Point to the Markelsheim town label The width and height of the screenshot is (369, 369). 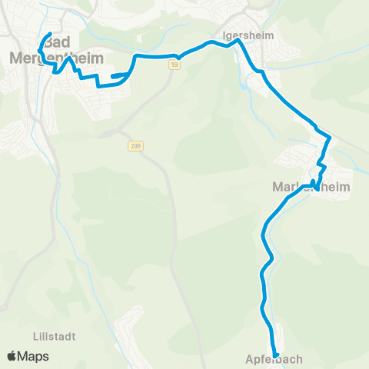tap(311, 187)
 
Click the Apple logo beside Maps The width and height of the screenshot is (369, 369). tap(12, 356)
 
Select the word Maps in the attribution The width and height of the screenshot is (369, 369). tap(33, 356)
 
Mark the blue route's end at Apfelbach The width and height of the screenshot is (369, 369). tap(275, 354)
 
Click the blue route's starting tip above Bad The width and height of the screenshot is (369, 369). tap(50, 34)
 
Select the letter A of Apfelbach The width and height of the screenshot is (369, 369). tap(250, 359)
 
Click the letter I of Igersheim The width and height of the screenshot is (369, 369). tap(222, 35)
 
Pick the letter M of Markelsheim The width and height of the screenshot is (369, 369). tap(278, 187)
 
